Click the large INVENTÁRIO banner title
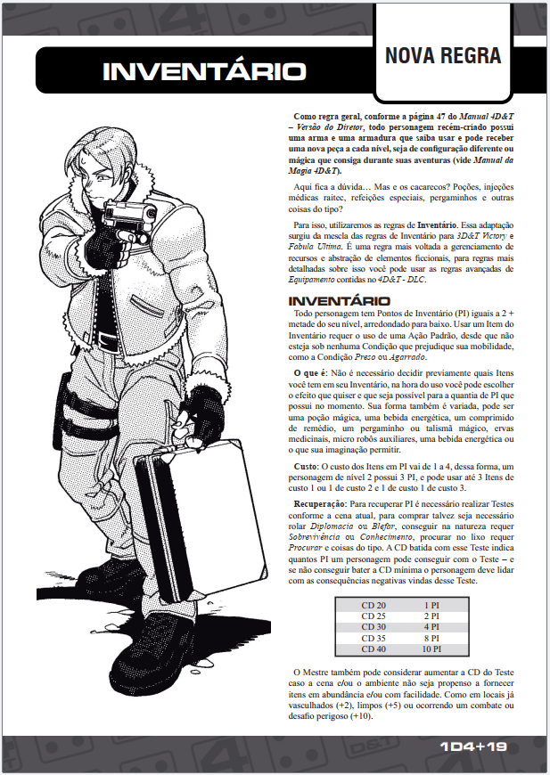204,72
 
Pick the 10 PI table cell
431,649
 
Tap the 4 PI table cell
431,627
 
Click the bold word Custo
309,466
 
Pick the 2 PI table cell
431,616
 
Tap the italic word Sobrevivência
320,539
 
